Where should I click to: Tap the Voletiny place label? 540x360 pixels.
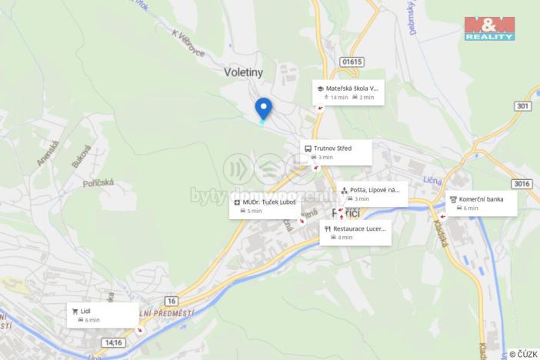(x=243, y=72)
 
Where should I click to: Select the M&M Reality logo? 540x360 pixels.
(x=489, y=28)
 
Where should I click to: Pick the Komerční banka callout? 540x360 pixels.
(x=481, y=203)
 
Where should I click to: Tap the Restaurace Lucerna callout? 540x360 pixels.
(x=355, y=232)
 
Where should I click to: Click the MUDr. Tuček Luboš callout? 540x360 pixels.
(x=265, y=206)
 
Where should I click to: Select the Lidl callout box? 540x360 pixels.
(x=102, y=315)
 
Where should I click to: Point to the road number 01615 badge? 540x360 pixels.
(x=352, y=62)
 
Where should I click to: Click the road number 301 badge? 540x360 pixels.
(x=524, y=106)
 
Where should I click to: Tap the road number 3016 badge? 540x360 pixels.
(x=522, y=183)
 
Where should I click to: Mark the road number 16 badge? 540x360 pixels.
(x=170, y=300)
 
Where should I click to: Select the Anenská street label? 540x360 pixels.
(x=48, y=154)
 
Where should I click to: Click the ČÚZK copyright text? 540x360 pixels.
(x=522, y=354)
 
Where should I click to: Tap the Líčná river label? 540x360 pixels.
(x=432, y=180)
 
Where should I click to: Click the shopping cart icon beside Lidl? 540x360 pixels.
(x=75, y=311)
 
